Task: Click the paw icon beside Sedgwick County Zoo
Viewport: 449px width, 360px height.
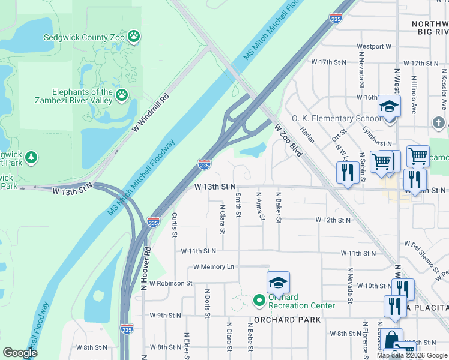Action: (x=134, y=37)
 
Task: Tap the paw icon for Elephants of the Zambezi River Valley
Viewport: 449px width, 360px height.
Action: (x=122, y=94)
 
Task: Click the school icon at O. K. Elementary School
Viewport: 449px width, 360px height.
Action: (x=389, y=107)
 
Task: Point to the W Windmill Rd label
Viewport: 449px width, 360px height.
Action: (x=151, y=111)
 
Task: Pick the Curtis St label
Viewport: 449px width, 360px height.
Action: (x=175, y=224)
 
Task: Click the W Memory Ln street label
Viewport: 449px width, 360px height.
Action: (x=214, y=266)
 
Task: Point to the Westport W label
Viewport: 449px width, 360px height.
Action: (x=374, y=46)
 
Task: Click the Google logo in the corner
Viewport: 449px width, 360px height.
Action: (x=20, y=353)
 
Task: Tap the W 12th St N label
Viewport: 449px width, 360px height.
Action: (x=333, y=220)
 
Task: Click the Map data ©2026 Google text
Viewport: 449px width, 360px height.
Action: (x=412, y=355)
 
